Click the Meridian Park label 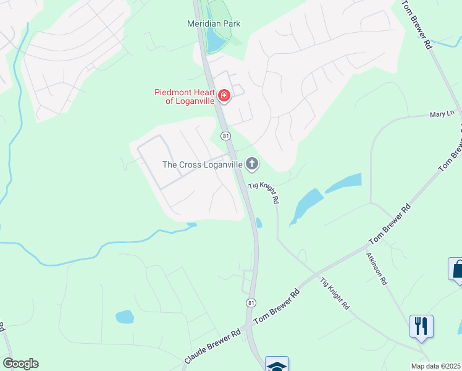pos(214,23)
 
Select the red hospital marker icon pos(224,96)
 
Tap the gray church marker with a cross pos(251,164)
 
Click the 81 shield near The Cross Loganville pos(226,136)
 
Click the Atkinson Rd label pos(376,268)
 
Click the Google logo pos(20,364)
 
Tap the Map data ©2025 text pos(436,366)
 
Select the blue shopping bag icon pos(456,270)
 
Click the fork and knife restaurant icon pos(421,326)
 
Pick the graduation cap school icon pos(277,365)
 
